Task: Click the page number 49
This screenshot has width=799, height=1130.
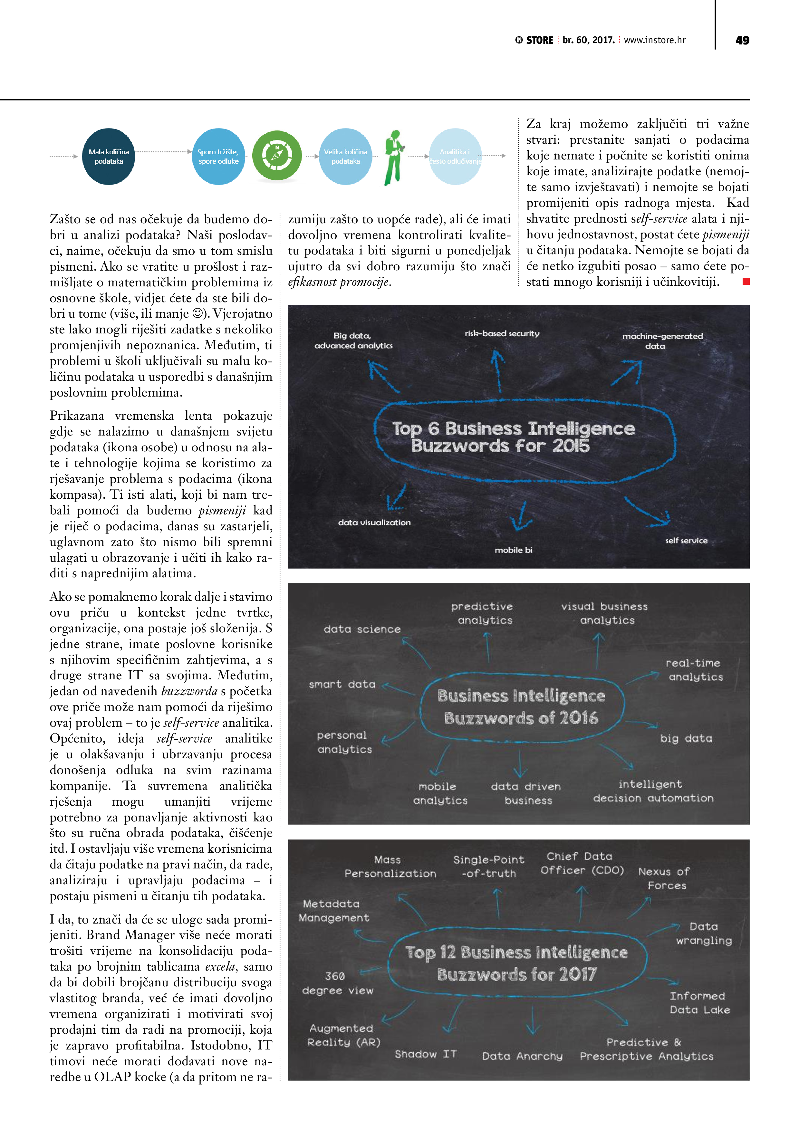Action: (742, 40)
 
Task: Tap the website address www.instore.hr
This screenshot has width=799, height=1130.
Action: (654, 40)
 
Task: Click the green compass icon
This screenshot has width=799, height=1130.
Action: (277, 156)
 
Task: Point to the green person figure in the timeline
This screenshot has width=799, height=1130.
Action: (394, 158)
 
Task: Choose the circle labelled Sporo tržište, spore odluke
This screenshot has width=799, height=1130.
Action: (218, 157)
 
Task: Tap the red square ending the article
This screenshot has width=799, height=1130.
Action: (746, 282)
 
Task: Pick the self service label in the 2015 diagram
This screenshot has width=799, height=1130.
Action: (686, 541)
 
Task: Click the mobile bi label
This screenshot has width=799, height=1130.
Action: (514, 550)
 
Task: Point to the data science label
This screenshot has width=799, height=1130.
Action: (362, 629)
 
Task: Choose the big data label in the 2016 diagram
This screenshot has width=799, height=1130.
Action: (686, 738)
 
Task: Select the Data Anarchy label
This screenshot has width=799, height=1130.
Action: (522, 1056)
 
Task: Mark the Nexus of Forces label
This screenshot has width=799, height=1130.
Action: (665, 878)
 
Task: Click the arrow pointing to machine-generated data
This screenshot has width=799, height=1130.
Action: (627, 373)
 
